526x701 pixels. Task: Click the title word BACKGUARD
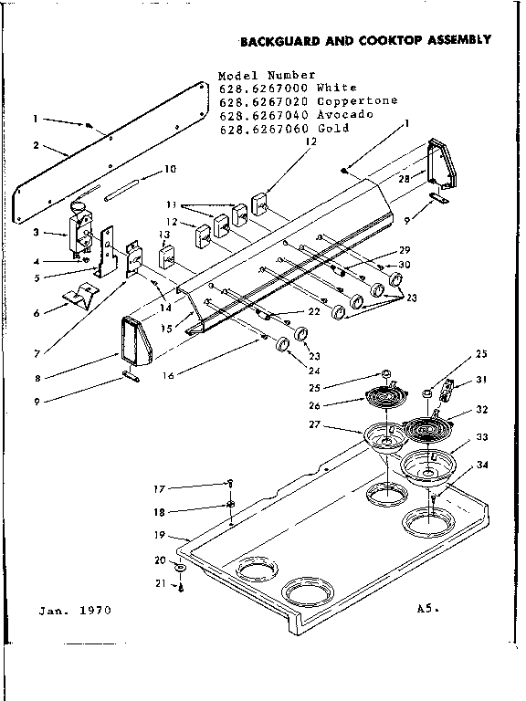pyautogui.click(x=272, y=40)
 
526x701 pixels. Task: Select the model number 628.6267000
pyautogui.click(x=259, y=88)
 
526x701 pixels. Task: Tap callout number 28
pyautogui.click(x=405, y=179)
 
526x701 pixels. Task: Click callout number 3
pyautogui.click(x=36, y=234)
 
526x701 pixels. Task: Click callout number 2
pyautogui.click(x=36, y=145)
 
